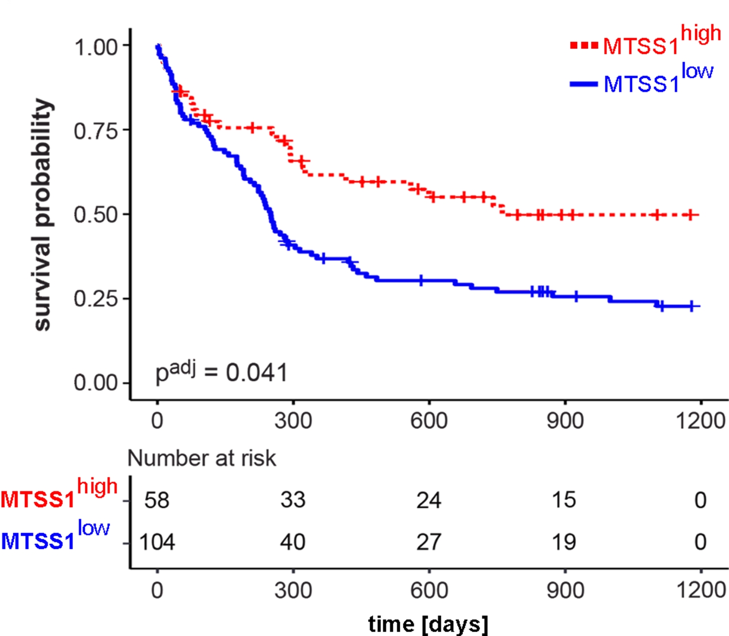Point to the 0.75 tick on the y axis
point(96,131)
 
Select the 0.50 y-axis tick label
point(96,215)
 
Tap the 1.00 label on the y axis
point(96,47)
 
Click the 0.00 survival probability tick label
point(96,383)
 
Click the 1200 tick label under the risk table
point(701,590)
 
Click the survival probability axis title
point(43,214)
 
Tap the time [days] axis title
point(428,624)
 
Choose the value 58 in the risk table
point(157,500)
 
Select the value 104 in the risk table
point(157,542)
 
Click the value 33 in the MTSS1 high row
point(293,500)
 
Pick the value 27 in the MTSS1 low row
point(429,542)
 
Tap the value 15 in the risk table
point(564,500)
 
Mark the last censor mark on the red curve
point(691,215)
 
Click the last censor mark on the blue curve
point(692,306)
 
